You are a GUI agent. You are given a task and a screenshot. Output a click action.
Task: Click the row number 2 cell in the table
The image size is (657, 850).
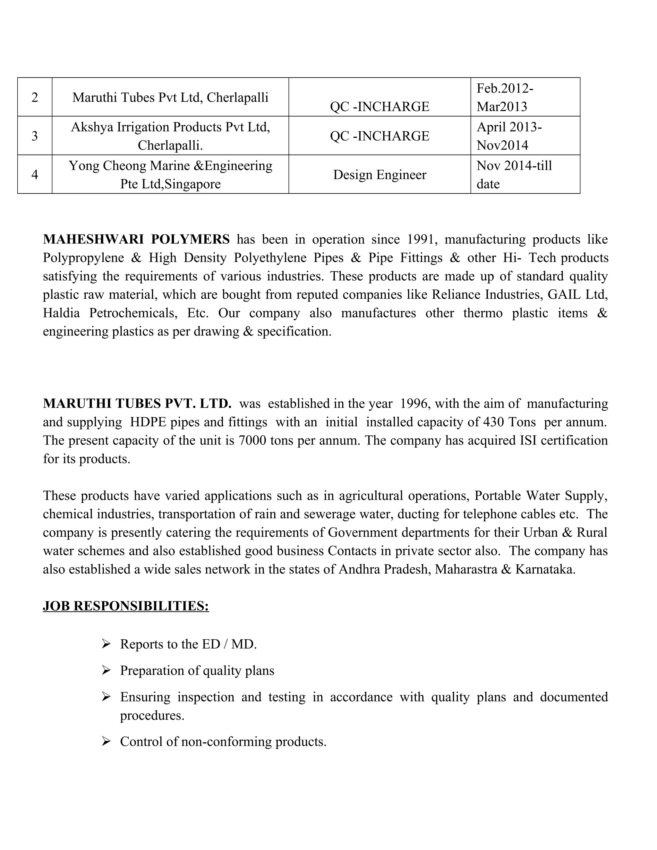click(35, 97)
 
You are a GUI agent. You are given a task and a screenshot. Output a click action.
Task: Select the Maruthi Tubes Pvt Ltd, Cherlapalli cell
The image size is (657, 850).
click(170, 97)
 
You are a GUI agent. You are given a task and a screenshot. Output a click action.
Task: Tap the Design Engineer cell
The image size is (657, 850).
click(380, 174)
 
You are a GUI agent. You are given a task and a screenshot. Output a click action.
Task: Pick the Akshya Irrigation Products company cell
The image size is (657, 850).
click(170, 135)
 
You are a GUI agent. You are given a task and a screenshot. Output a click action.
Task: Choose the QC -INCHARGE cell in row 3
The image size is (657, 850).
click(380, 135)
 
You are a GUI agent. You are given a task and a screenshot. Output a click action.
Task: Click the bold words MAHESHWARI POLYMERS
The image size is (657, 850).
click(136, 239)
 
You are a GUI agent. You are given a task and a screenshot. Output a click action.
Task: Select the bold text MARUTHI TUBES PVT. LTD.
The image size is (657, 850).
click(137, 403)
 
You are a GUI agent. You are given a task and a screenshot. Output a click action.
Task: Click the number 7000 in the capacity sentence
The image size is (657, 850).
click(252, 440)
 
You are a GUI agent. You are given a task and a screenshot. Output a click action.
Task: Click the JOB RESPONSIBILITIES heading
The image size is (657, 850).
click(126, 606)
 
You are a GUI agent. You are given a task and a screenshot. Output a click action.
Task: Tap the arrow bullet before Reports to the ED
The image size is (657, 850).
click(106, 644)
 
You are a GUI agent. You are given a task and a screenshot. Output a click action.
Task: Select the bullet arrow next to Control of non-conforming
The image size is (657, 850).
click(106, 741)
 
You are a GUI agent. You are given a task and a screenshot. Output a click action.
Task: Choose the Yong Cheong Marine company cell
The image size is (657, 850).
click(170, 174)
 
